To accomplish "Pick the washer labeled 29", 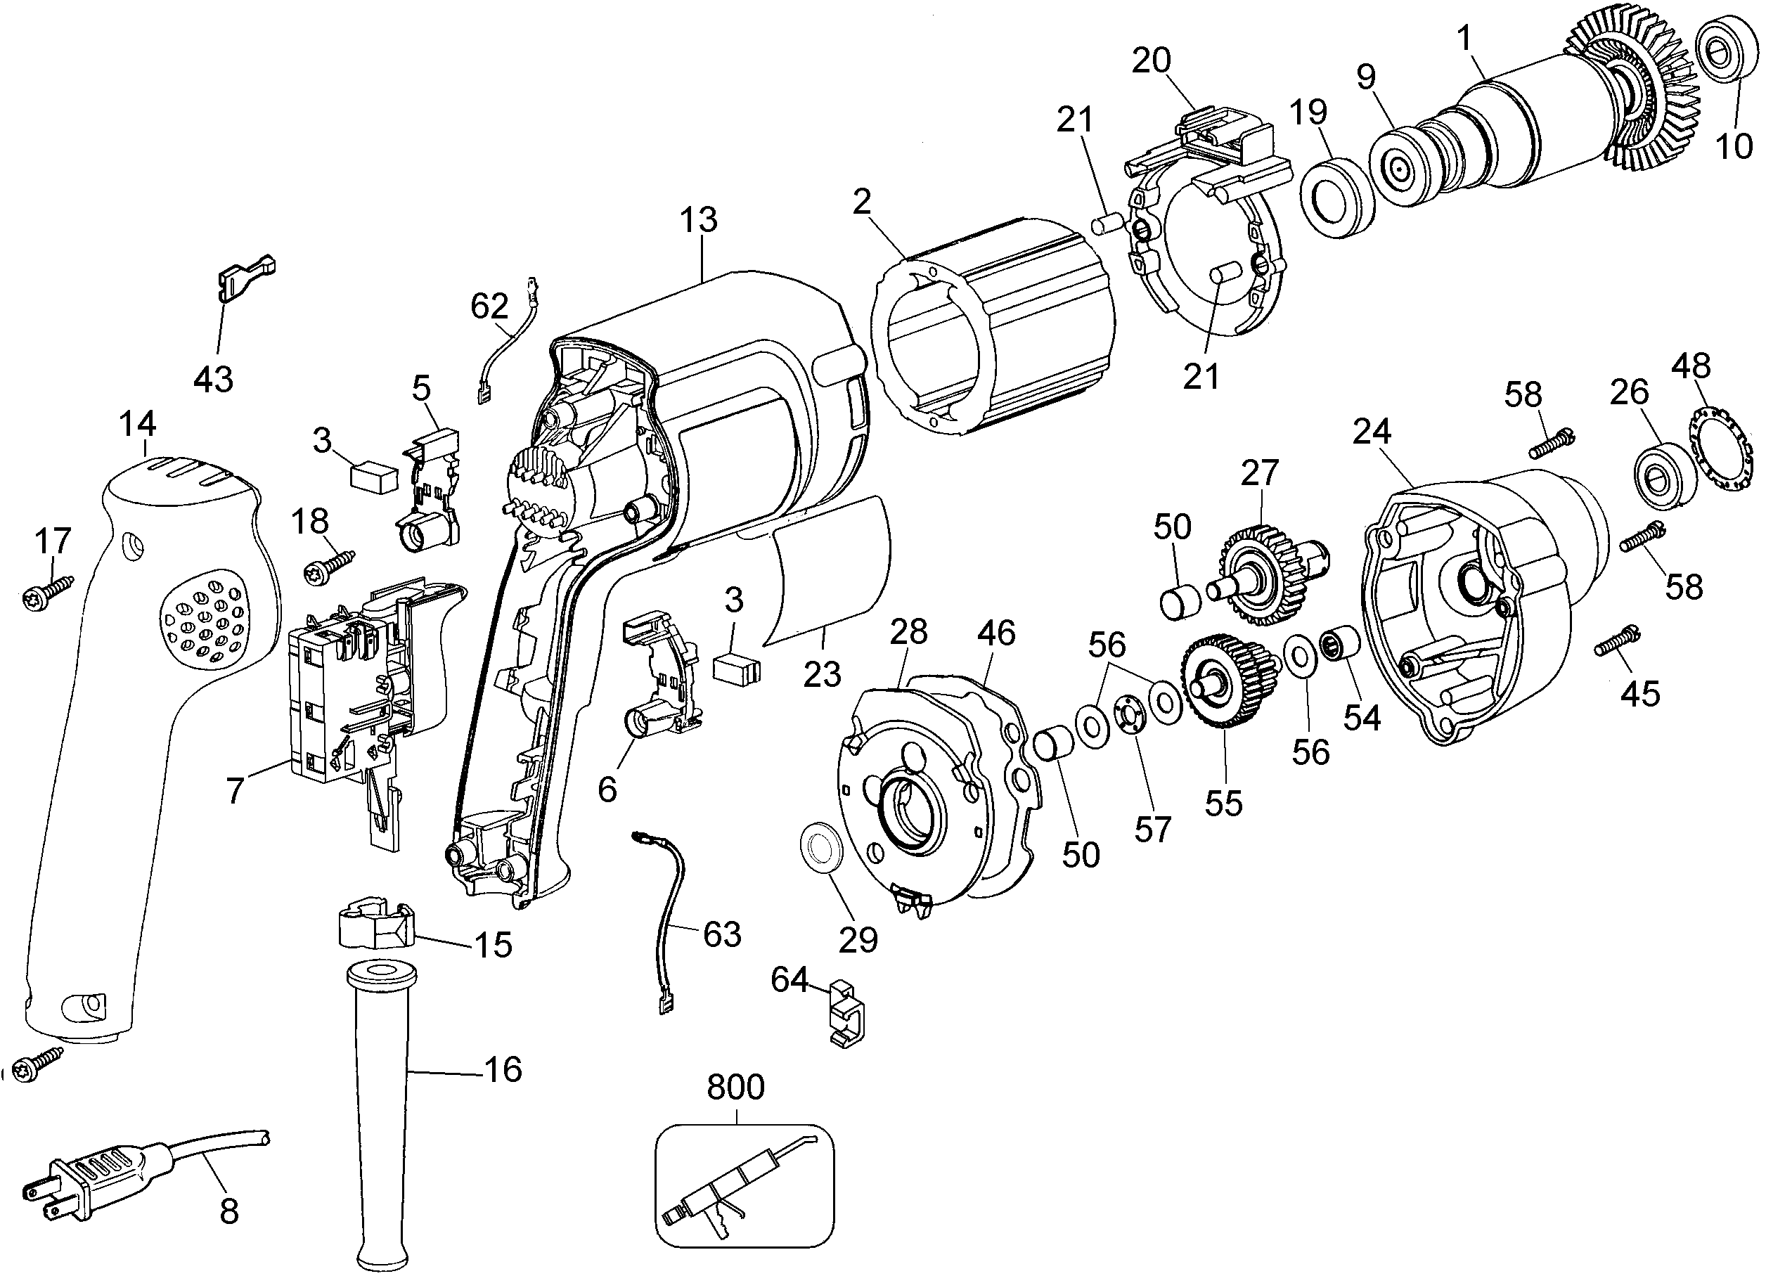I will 822,854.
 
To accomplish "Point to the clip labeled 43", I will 245,278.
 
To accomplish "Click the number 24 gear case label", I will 1371,431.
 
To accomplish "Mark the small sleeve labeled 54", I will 1339,644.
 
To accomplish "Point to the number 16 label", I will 503,1071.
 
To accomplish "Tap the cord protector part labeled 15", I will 375,926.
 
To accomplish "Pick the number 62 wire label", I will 489,307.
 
